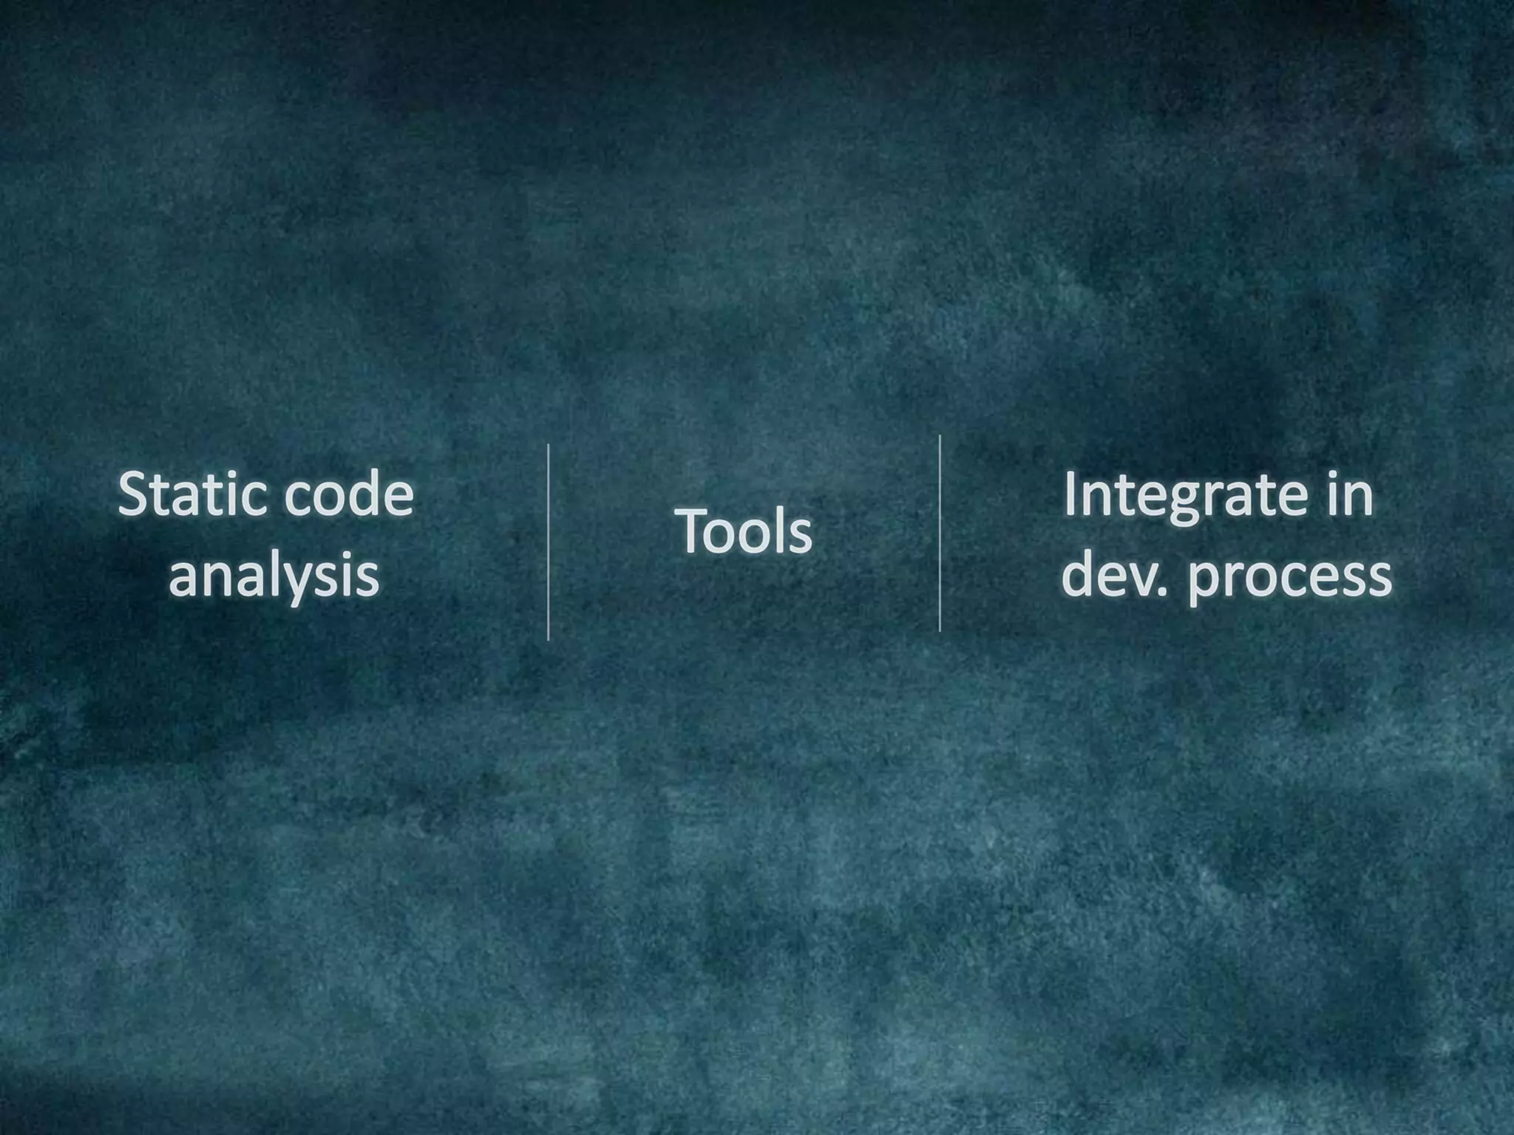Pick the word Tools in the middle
[743, 531]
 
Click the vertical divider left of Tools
[548, 542]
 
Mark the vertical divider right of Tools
[940, 534]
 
